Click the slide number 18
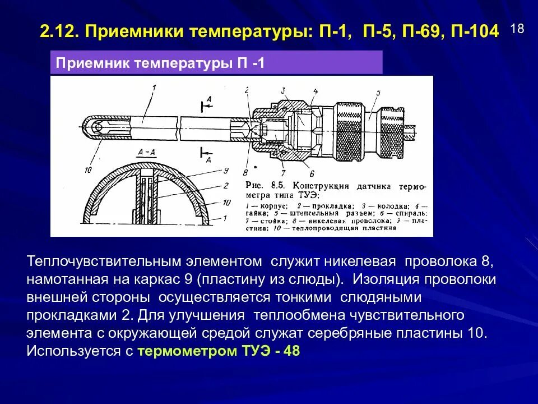pos(517,29)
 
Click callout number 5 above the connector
pos(378,93)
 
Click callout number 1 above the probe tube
pos(153,87)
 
